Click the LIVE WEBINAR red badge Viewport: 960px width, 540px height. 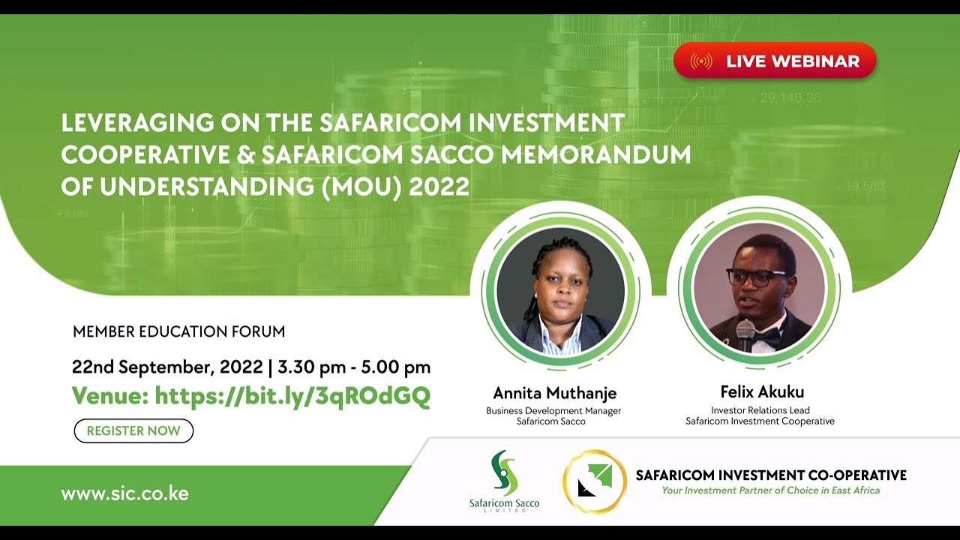(775, 61)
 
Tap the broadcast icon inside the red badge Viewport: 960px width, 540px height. (700, 61)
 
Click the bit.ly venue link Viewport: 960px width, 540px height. (292, 396)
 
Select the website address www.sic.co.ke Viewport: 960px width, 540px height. (124, 494)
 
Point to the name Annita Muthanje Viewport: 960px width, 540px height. (554, 393)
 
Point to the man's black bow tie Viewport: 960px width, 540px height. (767, 338)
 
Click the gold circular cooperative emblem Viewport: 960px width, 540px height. (595, 481)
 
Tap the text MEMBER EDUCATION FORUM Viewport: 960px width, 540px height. (178, 331)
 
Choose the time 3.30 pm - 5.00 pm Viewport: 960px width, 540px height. (354, 367)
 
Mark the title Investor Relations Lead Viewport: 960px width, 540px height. (760, 410)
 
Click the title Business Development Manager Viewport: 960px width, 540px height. (553, 411)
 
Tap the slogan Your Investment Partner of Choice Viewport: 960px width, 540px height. (770, 490)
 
